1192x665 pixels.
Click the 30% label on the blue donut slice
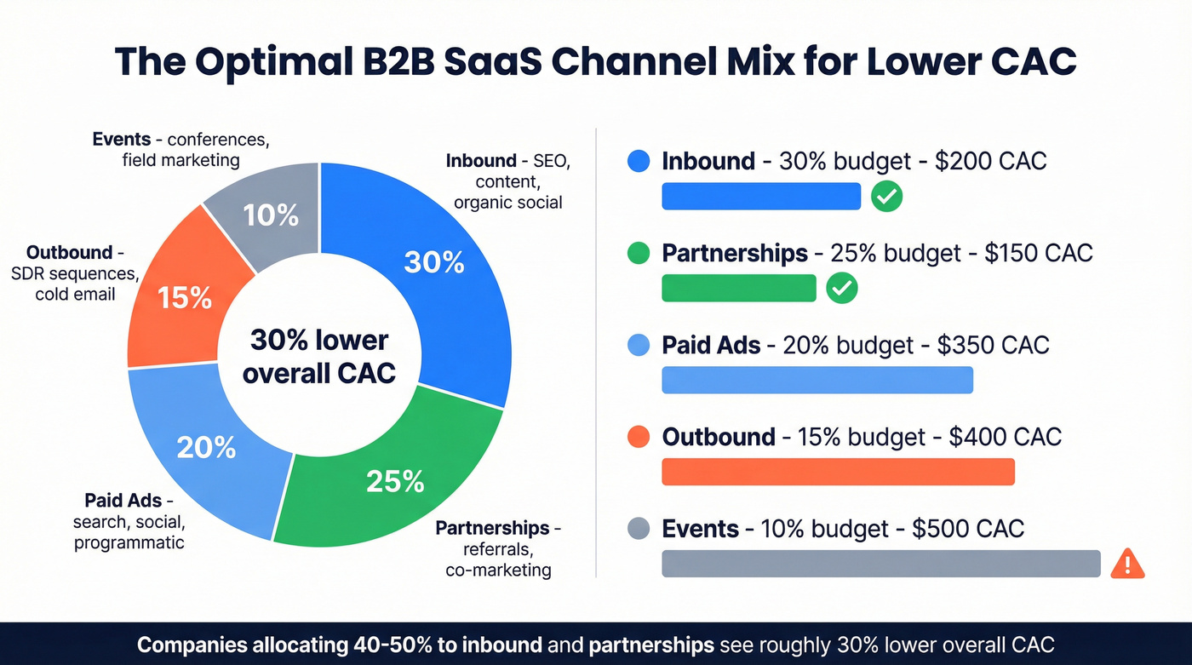click(x=434, y=262)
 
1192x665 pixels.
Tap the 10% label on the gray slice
click(x=271, y=215)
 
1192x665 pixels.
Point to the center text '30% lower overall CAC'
click(x=319, y=357)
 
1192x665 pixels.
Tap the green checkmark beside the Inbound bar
click(x=886, y=197)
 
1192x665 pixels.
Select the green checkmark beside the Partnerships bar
click(x=842, y=289)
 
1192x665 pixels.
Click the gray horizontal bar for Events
click(x=880, y=564)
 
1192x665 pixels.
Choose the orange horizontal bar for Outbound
click(x=838, y=472)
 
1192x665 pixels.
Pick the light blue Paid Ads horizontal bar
click(x=817, y=380)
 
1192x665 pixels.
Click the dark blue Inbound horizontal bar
click(x=761, y=197)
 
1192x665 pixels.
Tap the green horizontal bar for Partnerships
click(x=738, y=289)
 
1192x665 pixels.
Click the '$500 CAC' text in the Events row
click(x=967, y=529)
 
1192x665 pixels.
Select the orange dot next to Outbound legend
click(x=638, y=437)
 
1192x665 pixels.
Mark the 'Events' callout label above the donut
click(x=122, y=139)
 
